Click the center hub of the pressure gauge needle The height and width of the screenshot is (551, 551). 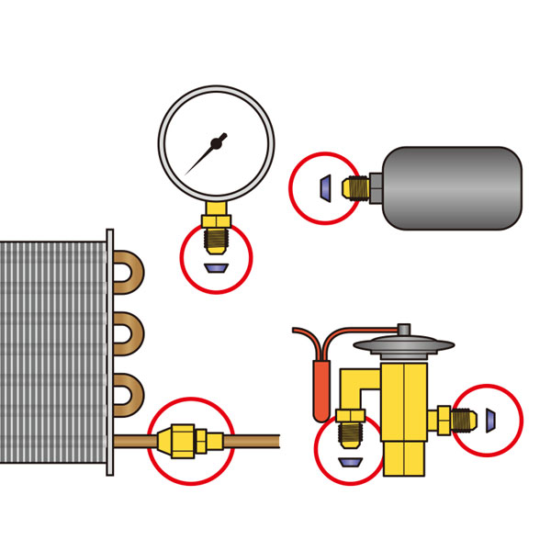(x=218, y=141)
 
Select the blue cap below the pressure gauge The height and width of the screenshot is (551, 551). (x=217, y=268)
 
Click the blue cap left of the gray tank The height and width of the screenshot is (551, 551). (x=323, y=187)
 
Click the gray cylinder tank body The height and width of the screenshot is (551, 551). (x=451, y=188)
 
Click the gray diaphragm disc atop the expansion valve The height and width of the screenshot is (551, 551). (x=404, y=346)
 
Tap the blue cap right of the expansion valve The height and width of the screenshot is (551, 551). (x=491, y=420)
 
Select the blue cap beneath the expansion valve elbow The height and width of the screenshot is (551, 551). (x=350, y=460)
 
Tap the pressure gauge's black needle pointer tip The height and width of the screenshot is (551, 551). (x=187, y=174)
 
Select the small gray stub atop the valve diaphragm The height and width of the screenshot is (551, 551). (x=403, y=329)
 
